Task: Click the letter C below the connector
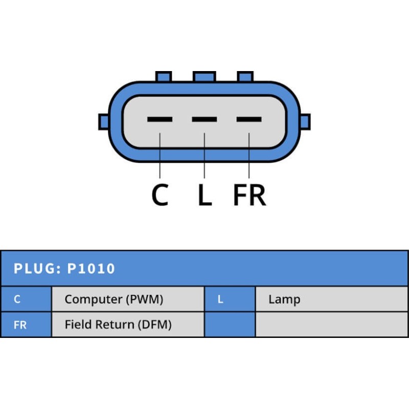pyautogui.click(x=160, y=195)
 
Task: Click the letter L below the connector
pyautogui.click(x=204, y=195)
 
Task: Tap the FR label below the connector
pyautogui.click(x=249, y=195)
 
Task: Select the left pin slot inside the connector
pyautogui.click(x=160, y=120)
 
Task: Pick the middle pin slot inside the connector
pyautogui.click(x=204, y=120)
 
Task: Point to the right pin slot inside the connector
pyautogui.click(x=249, y=120)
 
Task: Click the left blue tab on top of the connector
pyautogui.click(x=163, y=77)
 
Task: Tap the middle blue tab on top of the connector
pyautogui.click(x=204, y=77)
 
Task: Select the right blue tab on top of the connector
pyautogui.click(x=245, y=77)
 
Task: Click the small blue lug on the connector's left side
pyautogui.click(x=104, y=122)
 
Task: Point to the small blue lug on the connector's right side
pyautogui.click(x=305, y=122)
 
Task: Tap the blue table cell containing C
pyautogui.click(x=26, y=299)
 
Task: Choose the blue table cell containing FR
pyautogui.click(x=26, y=325)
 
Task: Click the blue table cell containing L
pyautogui.click(x=230, y=299)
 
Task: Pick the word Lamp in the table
pyautogui.click(x=284, y=300)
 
